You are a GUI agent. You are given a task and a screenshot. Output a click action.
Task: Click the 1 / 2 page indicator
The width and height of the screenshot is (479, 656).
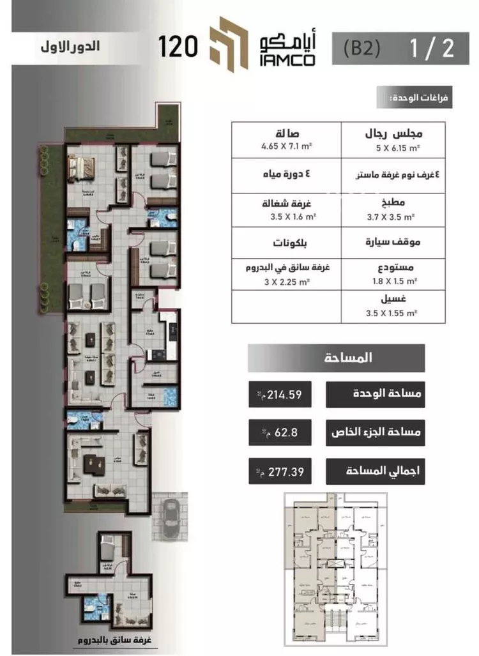coord(431,49)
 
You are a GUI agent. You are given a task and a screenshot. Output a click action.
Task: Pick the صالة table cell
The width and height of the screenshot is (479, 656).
coord(285,139)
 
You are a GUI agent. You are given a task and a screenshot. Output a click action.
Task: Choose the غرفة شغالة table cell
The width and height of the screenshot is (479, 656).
coord(285,210)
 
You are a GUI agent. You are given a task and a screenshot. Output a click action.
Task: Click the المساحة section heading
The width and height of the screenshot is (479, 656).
coord(336,358)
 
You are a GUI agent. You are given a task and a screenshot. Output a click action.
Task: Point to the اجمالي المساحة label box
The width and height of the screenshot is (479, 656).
coord(375,473)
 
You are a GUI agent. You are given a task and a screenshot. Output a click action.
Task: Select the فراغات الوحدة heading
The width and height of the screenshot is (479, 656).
coord(414,98)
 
